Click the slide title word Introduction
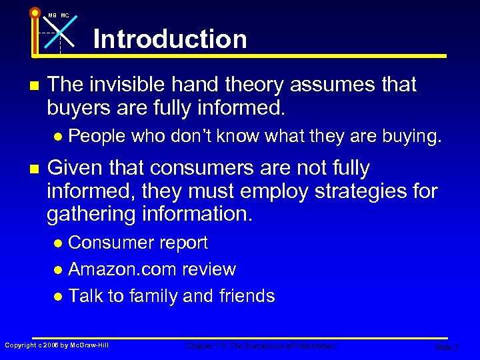click(170, 39)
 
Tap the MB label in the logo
click(52, 15)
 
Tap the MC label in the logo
click(65, 15)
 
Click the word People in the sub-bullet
click(97, 136)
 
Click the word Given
click(75, 168)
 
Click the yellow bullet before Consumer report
click(59, 243)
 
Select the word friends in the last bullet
click(247, 296)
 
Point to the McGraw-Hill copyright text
click(57, 345)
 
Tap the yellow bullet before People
click(59, 137)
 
